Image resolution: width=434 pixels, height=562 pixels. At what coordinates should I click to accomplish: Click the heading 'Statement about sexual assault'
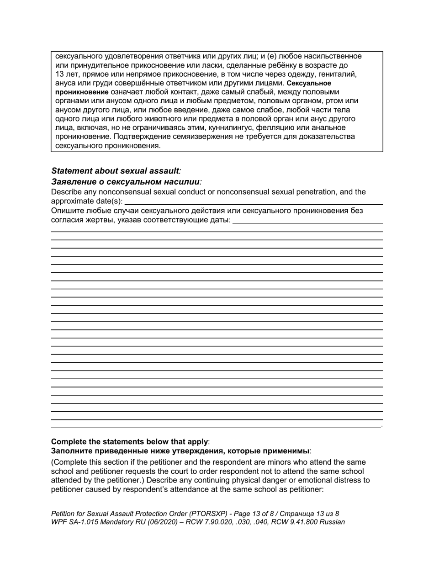[x=115, y=171]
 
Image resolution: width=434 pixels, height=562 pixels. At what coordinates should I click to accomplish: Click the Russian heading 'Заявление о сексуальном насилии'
[x=126, y=181]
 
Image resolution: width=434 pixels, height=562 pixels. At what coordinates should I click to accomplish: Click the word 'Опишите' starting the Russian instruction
[x=67, y=211]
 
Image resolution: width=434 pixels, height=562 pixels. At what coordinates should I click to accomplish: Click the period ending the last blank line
[x=381, y=426]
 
